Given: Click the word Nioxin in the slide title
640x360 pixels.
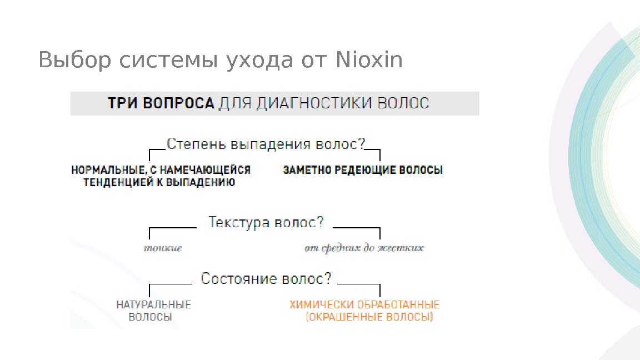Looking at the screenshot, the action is tap(369, 60).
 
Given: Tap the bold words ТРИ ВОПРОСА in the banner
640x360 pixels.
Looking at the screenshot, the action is tap(161, 103).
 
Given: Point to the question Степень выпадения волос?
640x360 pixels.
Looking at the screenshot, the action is tap(266, 144).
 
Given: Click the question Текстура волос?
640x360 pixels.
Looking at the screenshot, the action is tap(266, 223).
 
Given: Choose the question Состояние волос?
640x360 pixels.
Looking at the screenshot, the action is tap(266, 278).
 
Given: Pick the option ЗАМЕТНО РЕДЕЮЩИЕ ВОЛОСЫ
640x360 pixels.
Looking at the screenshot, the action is tap(363, 171).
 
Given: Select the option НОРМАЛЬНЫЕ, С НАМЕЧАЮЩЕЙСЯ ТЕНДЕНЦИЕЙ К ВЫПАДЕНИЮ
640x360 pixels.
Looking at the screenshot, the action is tap(161, 176).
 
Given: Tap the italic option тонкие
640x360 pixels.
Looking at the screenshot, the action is tap(163, 248).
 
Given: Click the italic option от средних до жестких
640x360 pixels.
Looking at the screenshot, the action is tap(364, 248).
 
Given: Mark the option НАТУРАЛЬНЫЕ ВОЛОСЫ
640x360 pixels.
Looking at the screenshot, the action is tap(153, 311).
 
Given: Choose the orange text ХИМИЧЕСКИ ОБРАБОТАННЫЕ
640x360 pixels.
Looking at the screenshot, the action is tap(364, 304).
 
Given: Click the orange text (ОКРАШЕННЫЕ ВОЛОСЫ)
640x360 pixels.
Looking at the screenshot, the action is tap(369, 318).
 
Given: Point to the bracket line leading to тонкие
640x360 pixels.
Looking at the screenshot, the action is tap(172, 228).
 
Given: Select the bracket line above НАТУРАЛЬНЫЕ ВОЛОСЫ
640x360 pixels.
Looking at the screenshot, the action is tap(170, 284).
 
